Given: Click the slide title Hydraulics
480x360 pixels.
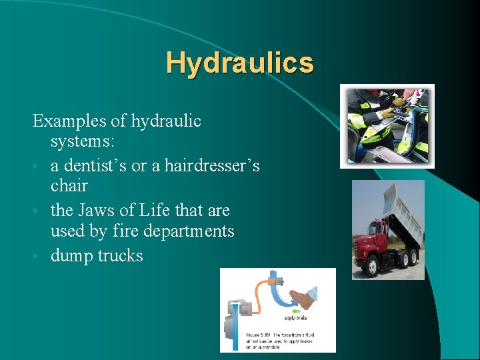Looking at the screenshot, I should click(239, 63).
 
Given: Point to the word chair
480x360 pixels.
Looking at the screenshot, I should click(69, 185).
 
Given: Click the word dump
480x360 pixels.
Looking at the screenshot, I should click(71, 255).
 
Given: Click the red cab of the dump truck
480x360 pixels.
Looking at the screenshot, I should click(368, 236).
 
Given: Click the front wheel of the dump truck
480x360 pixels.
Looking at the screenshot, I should click(369, 265).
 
